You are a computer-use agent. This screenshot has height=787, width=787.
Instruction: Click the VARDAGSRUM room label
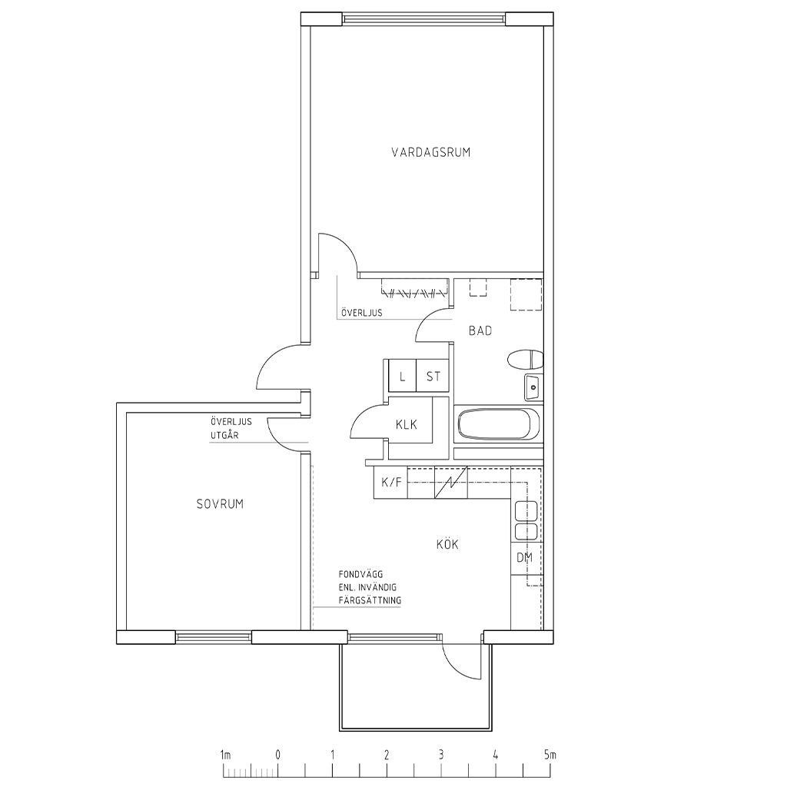click(430, 152)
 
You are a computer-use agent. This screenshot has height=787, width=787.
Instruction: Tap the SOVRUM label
click(220, 504)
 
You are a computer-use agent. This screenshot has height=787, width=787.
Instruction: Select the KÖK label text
click(447, 544)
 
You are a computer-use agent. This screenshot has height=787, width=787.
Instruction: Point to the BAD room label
click(480, 330)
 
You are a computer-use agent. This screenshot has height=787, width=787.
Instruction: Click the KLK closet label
click(407, 424)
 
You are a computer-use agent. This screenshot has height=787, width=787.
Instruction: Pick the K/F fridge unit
click(391, 483)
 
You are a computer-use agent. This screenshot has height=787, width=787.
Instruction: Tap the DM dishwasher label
click(524, 557)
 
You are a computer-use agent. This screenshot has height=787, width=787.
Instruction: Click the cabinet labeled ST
click(432, 376)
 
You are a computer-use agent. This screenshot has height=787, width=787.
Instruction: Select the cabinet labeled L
click(403, 376)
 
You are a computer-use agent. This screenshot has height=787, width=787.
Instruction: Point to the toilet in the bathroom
click(526, 360)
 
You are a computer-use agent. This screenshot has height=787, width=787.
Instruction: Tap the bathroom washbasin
click(533, 387)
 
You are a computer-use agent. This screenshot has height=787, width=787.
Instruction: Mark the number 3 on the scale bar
click(440, 755)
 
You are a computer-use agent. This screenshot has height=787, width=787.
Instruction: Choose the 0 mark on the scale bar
click(277, 755)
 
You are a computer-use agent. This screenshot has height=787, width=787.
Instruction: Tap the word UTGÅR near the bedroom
click(224, 435)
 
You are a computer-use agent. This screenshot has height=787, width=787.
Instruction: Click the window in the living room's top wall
click(424, 19)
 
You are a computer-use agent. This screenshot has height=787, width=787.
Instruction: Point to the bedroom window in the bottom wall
click(214, 637)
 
